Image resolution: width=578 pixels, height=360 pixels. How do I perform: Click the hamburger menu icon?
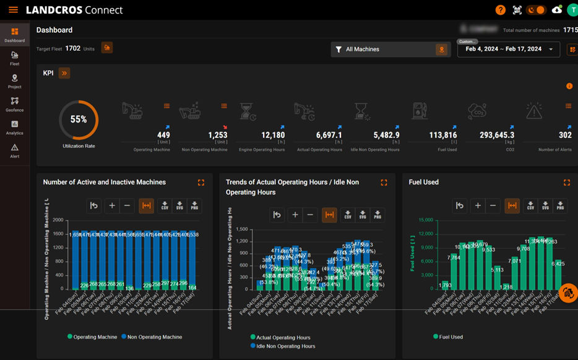(x=13, y=10)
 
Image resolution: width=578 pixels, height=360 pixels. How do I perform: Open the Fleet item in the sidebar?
(x=14, y=58)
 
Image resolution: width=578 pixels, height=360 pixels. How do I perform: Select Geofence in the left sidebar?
(x=14, y=104)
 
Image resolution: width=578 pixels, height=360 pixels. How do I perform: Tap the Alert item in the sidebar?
(x=14, y=150)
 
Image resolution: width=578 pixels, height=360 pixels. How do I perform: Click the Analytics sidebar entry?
(x=14, y=127)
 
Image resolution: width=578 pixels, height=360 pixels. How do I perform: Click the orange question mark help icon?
(x=500, y=10)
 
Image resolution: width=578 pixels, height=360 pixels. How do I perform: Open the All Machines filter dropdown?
(x=390, y=49)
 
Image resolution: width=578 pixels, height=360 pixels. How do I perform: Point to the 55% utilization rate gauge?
(x=79, y=119)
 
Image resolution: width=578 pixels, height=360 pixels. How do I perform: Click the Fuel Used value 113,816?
(x=442, y=135)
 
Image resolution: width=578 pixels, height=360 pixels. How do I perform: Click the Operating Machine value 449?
(x=163, y=135)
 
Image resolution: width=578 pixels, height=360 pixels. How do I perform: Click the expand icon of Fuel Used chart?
(x=566, y=182)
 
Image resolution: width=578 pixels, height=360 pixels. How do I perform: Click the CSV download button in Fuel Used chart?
(x=530, y=206)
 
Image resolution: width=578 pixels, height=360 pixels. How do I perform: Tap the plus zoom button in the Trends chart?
(x=295, y=215)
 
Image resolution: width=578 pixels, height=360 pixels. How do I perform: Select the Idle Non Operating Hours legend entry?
(x=285, y=346)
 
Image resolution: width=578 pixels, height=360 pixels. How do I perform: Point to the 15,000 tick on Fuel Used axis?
(x=425, y=220)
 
